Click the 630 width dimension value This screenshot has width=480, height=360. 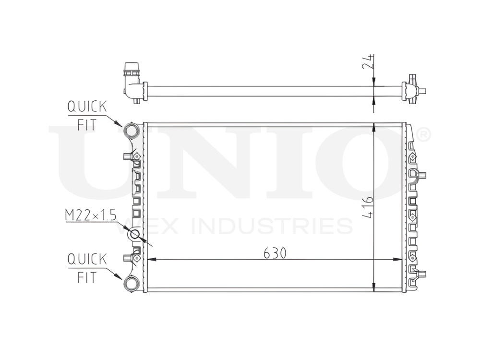point(275,253)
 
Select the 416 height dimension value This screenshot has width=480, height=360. point(367,207)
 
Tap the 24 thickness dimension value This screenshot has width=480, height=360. point(367,61)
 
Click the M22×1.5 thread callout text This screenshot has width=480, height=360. point(91,216)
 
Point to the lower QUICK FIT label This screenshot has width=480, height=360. point(87,268)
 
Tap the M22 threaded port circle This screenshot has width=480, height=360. point(134,235)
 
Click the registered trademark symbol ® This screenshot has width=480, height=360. point(422,136)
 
